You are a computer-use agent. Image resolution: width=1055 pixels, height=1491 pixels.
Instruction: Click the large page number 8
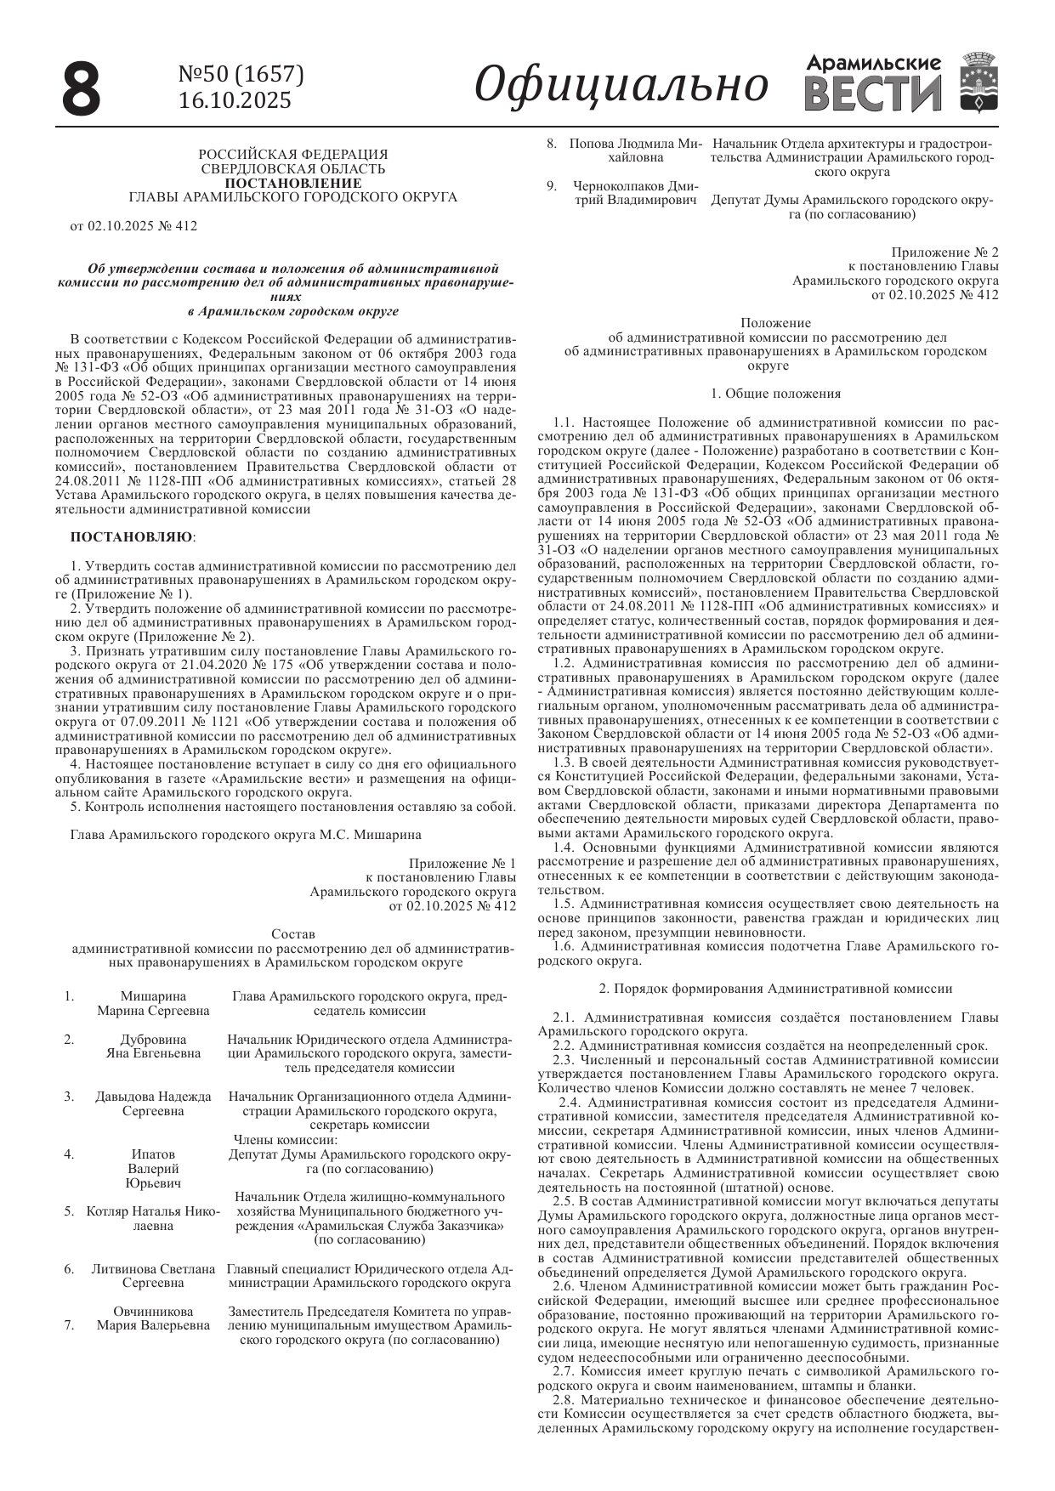point(82,88)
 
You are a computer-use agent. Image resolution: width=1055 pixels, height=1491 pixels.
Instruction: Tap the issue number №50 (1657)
point(241,75)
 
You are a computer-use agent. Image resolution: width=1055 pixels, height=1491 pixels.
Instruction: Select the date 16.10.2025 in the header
point(235,100)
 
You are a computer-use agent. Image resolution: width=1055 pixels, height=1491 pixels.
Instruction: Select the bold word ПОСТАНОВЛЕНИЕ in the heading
point(292,183)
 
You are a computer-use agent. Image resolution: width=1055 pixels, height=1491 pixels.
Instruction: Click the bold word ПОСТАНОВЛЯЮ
point(131,537)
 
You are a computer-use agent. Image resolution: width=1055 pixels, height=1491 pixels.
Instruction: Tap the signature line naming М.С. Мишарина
point(246,835)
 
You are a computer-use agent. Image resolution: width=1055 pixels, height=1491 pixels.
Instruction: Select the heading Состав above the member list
point(292,934)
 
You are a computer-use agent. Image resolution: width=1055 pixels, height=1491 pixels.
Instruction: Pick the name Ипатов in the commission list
point(153,1154)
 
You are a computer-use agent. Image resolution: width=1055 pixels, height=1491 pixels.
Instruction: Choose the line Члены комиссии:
point(286,1139)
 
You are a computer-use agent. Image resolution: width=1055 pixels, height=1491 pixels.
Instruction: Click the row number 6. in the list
point(70,1269)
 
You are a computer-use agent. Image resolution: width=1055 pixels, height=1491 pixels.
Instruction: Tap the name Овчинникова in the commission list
point(153,1311)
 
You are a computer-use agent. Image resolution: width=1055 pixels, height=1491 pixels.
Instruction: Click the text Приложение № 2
point(945,252)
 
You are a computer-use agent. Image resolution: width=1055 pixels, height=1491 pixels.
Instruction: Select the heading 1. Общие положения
point(776,394)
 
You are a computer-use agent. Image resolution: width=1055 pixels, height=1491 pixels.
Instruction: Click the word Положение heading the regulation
point(775,323)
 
